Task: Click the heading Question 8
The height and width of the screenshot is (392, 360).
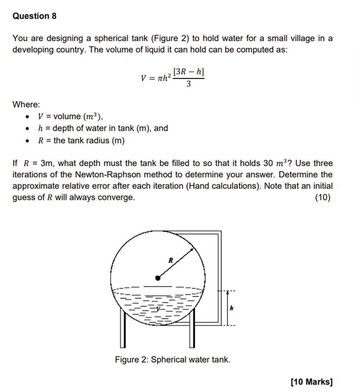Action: tap(34, 16)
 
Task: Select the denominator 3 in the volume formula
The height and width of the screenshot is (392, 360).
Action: tap(189, 84)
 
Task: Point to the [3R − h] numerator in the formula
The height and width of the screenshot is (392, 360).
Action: tap(189, 72)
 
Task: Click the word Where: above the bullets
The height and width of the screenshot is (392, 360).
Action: tap(26, 105)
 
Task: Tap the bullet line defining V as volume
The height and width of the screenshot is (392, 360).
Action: tap(70, 117)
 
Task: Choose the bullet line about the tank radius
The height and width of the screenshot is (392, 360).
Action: tap(81, 141)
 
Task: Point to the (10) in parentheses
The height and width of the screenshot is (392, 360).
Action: tap(323, 198)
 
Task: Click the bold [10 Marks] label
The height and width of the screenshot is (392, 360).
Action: tap(311, 382)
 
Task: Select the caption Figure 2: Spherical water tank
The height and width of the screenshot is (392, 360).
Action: tap(173, 359)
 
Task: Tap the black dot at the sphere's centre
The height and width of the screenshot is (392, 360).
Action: tap(158, 278)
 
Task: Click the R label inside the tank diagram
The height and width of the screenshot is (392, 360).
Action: tap(171, 260)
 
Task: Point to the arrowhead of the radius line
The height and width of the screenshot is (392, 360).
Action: tap(192, 250)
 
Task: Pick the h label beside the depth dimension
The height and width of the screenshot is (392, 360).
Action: tap(232, 308)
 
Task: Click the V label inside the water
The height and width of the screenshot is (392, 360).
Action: tap(158, 309)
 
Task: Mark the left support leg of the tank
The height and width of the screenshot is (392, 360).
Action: tap(123, 329)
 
